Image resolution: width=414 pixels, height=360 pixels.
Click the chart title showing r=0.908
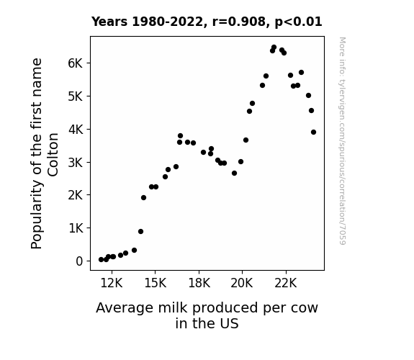(207, 22)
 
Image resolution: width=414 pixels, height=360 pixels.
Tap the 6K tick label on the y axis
(76, 63)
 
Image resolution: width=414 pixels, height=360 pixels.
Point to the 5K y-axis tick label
(76, 96)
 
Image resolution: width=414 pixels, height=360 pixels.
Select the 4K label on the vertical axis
(76, 130)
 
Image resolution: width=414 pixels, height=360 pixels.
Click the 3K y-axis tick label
(76, 163)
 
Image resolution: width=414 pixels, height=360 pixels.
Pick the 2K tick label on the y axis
(76, 195)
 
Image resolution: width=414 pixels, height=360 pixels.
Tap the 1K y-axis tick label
(76, 228)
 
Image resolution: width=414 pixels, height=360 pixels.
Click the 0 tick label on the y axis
(79, 261)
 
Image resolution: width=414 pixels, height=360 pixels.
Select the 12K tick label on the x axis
(112, 283)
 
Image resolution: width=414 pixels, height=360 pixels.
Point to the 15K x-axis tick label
(156, 283)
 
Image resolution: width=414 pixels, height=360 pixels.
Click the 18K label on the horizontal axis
(199, 283)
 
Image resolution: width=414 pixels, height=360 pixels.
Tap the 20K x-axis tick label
(242, 283)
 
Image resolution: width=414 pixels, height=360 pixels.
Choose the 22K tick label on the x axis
(286, 283)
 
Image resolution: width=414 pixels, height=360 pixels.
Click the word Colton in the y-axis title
(53, 155)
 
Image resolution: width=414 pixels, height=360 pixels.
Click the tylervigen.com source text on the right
(342, 141)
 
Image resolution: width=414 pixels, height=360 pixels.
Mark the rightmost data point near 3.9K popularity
(313, 132)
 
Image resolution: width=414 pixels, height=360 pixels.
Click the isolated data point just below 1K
(140, 231)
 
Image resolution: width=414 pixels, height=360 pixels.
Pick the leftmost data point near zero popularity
(101, 260)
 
